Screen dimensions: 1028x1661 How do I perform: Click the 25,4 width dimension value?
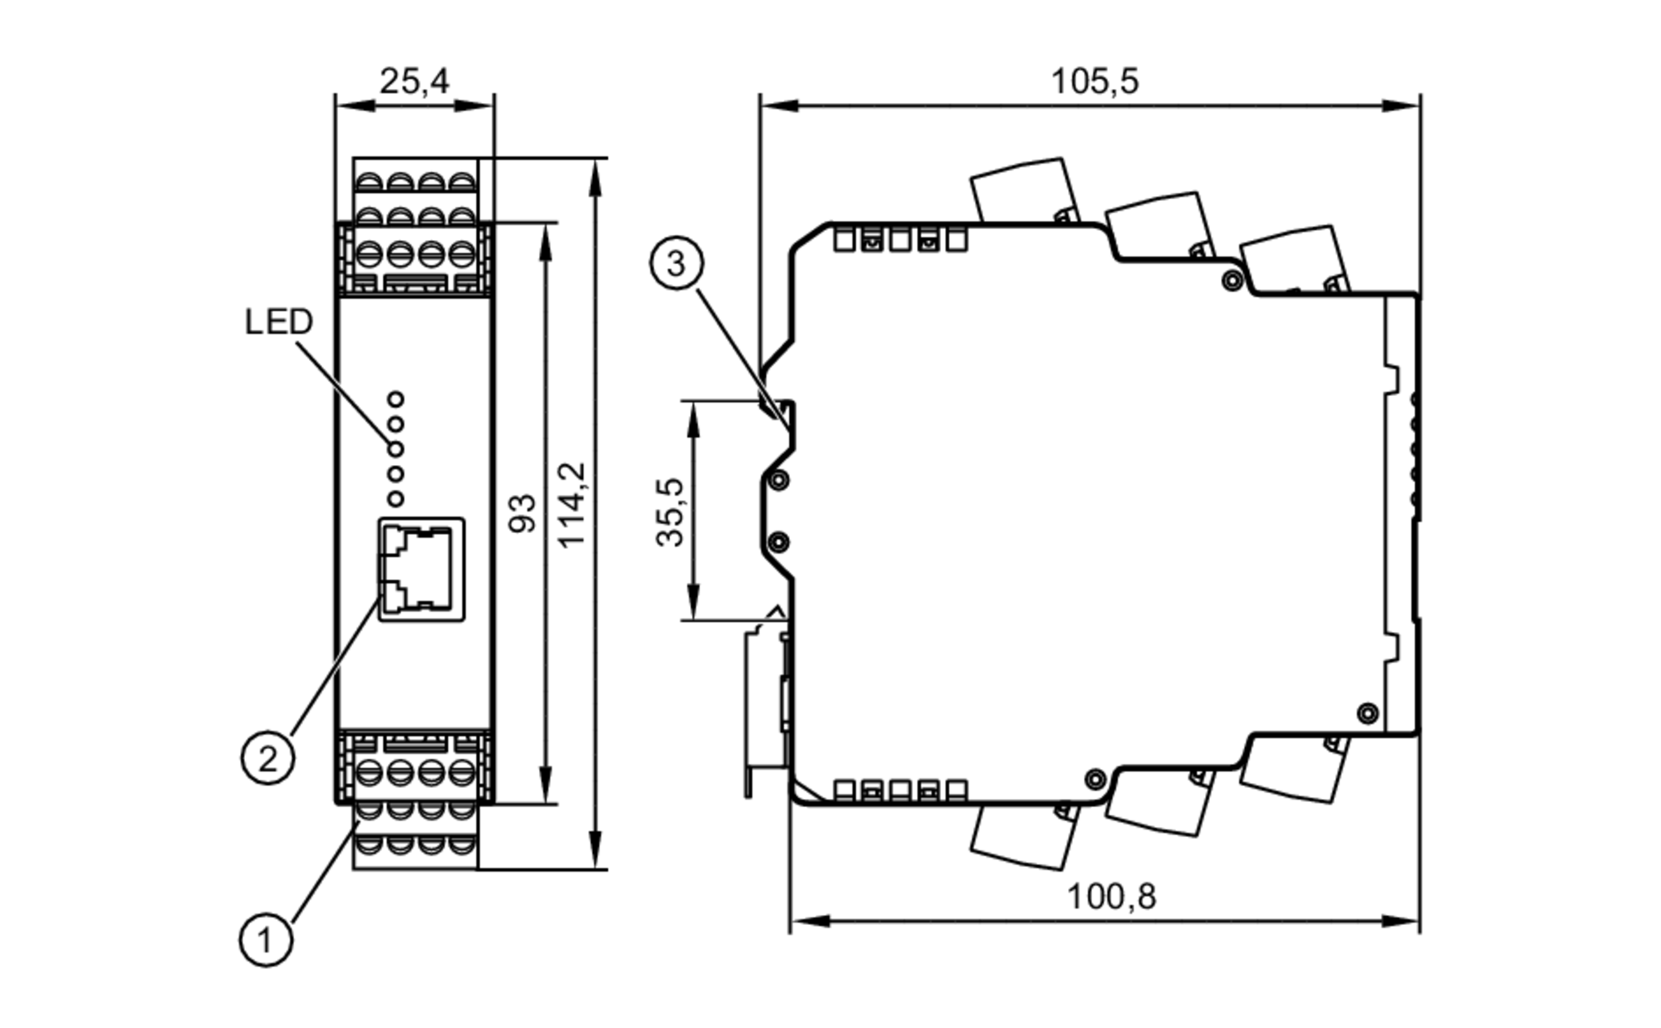pos(414,81)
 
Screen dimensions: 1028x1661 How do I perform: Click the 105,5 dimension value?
pos(1094,81)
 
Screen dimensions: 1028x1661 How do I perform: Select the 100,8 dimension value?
pos(1110,897)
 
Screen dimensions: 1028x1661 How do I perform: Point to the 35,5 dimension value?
pos(670,512)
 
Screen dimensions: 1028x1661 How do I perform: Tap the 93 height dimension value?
pos(522,512)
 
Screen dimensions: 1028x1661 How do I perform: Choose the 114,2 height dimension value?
pos(572,505)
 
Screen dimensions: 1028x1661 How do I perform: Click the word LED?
pos(278,322)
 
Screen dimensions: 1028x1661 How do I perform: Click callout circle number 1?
pos(266,940)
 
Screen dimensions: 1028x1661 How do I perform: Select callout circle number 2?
pos(267,757)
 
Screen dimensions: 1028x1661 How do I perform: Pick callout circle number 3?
pos(676,263)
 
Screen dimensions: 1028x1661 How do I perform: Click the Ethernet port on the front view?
pos(421,569)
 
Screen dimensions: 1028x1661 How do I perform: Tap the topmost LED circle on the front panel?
pos(396,399)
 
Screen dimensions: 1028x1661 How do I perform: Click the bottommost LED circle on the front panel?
pos(396,498)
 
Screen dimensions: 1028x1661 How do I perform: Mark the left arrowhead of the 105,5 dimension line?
pos(777,105)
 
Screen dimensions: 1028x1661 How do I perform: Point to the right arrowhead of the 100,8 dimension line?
pos(1403,921)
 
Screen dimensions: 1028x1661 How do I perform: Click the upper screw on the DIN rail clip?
pos(779,480)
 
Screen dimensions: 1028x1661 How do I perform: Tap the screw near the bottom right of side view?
pos(1366,712)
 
